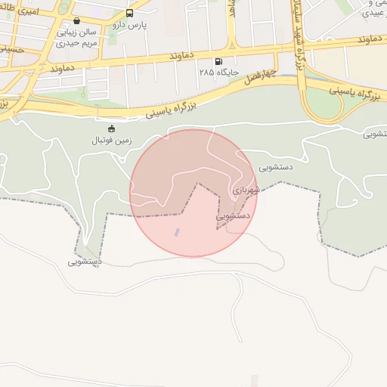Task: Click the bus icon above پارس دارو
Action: pyautogui.click(x=129, y=14)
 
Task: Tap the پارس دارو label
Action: pyautogui.click(x=129, y=25)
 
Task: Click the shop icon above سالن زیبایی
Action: pyautogui.click(x=76, y=21)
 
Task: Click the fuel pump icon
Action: pyautogui.click(x=218, y=61)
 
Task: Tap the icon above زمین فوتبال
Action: pyautogui.click(x=112, y=128)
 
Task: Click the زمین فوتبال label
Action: pyautogui.click(x=112, y=141)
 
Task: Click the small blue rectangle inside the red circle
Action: pyautogui.click(x=178, y=232)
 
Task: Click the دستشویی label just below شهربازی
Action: pyautogui.click(x=234, y=216)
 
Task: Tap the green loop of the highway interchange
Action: pyautogui.click(x=324, y=104)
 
